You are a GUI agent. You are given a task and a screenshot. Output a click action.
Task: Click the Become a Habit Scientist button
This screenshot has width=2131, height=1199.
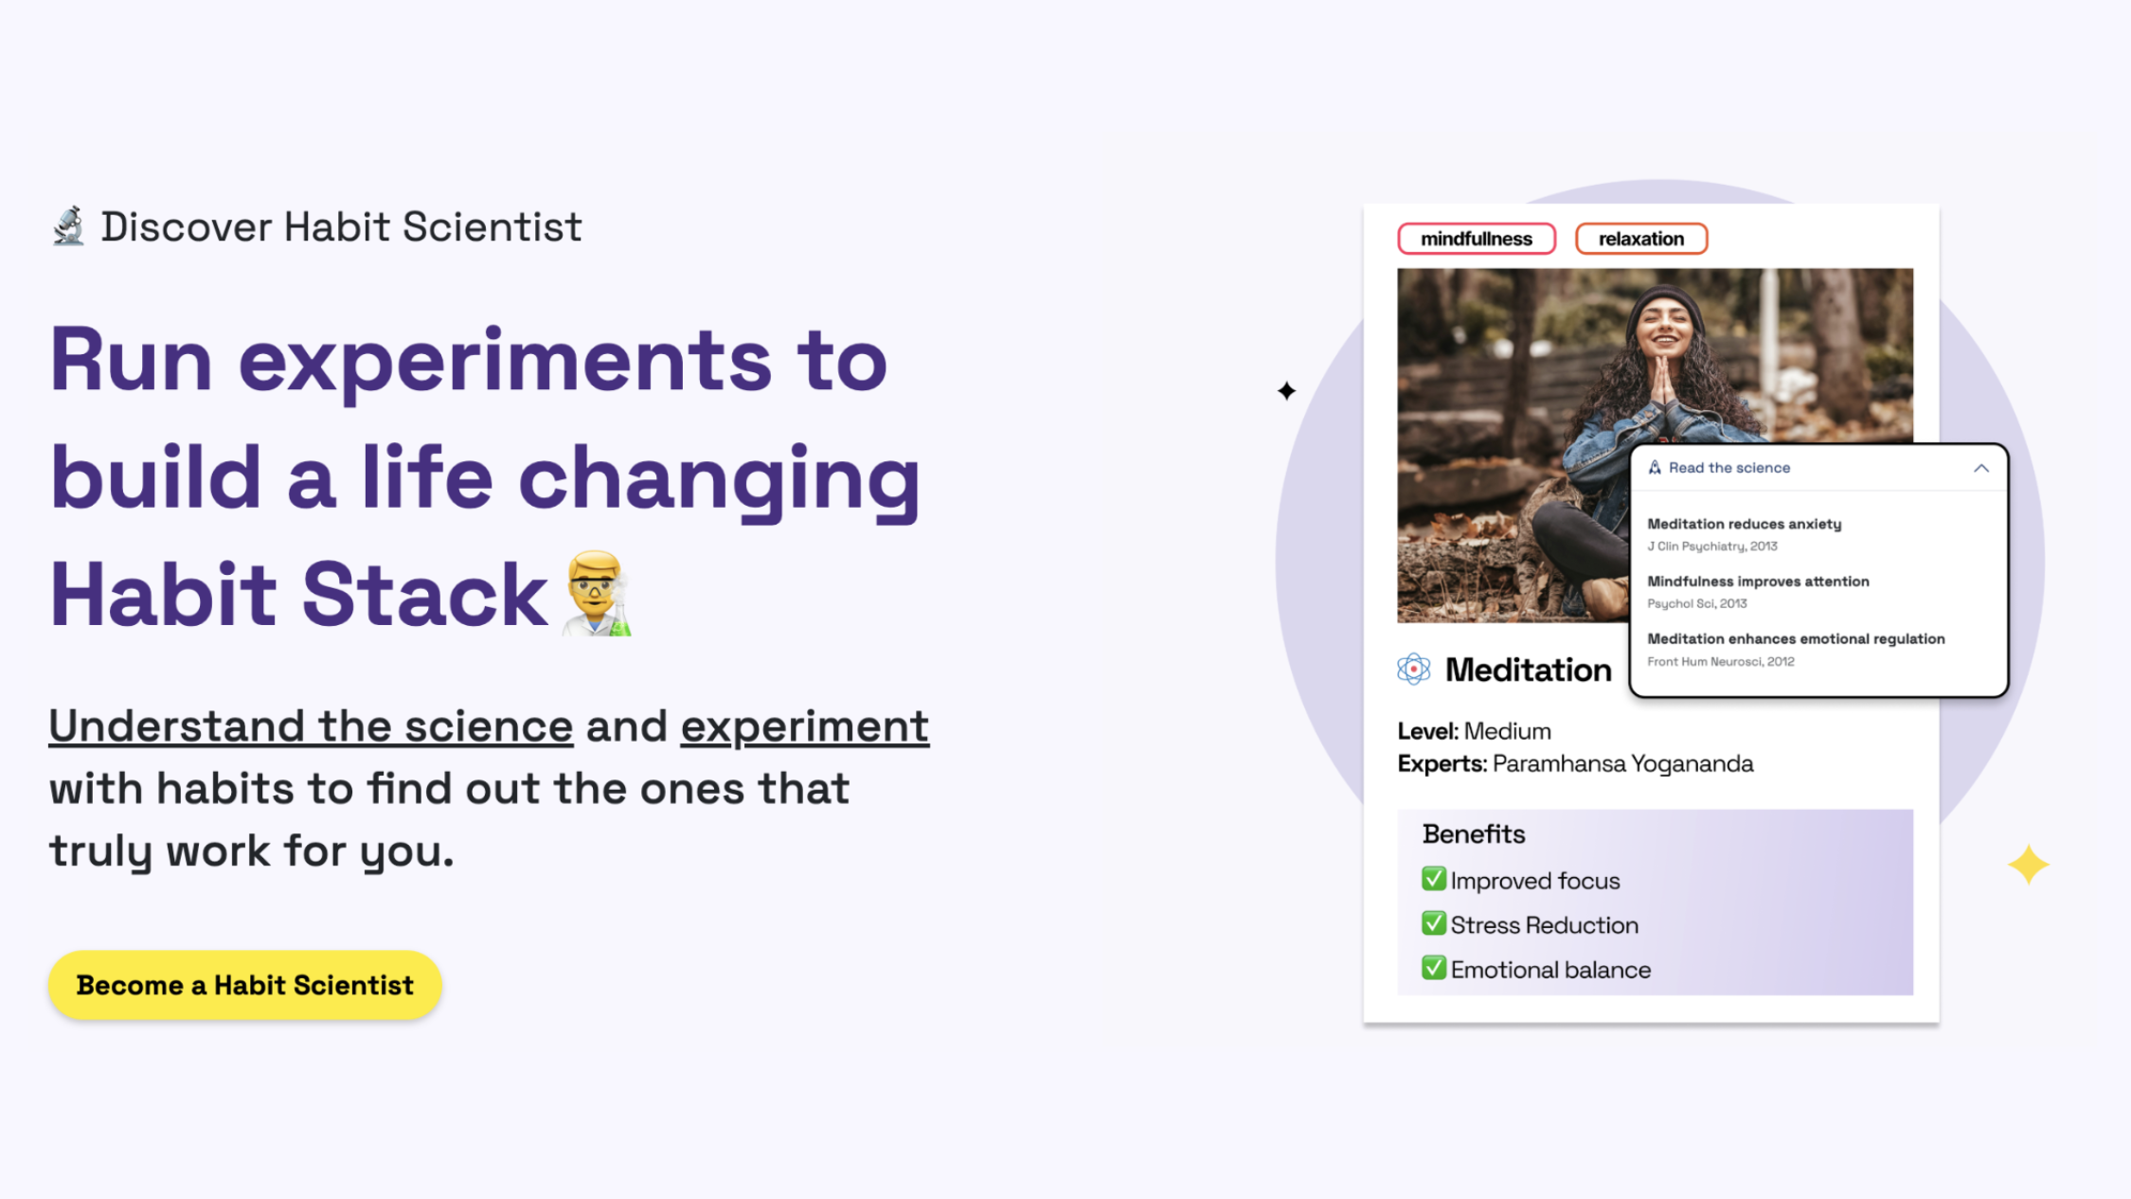pyautogui.click(x=245, y=985)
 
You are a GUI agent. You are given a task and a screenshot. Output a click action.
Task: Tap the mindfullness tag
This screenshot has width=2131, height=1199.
pyautogui.click(x=1477, y=239)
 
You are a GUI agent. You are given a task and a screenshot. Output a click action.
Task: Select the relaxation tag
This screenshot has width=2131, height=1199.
pyautogui.click(x=1641, y=239)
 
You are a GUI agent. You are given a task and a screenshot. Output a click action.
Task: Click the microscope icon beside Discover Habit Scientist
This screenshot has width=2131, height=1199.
pyautogui.click(x=68, y=226)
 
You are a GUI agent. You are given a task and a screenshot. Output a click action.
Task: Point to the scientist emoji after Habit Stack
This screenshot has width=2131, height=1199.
pyautogui.click(x=597, y=594)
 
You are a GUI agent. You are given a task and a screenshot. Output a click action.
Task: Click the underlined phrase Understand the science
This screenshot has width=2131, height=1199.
pyautogui.click(x=311, y=726)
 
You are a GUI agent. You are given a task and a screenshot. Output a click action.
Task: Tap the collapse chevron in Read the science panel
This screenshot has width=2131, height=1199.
pyautogui.click(x=1981, y=468)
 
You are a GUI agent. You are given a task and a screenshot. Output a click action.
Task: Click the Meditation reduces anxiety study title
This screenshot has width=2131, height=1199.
pyautogui.click(x=1745, y=524)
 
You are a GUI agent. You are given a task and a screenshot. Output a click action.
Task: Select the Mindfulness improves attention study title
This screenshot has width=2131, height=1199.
pyautogui.click(x=1758, y=582)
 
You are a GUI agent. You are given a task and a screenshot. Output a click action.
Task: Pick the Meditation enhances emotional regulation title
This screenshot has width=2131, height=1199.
pyautogui.click(x=1796, y=639)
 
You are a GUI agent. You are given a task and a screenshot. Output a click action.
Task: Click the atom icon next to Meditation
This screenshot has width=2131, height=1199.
pyautogui.click(x=1414, y=670)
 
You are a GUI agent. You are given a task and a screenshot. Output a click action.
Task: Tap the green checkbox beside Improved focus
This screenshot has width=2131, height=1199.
pyautogui.click(x=1434, y=879)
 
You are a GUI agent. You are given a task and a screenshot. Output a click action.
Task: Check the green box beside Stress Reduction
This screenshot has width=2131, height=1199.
pyautogui.click(x=1434, y=923)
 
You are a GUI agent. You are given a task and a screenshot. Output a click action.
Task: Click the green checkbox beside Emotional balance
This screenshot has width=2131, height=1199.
pyautogui.click(x=1434, y=968)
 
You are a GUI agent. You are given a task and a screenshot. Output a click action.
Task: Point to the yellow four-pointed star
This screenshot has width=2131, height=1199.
pyautogui.click(x=2028, y=865)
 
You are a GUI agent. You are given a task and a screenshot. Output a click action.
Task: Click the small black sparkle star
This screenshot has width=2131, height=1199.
pyautogui.click(x=1286, y=390)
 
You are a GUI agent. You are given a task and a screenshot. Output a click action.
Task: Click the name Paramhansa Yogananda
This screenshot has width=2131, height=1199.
pyautogui.click(x=1623, y=764)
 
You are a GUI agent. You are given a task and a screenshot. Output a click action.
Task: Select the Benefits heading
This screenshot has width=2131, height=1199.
pyautogui.click(x=1474, y=834)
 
